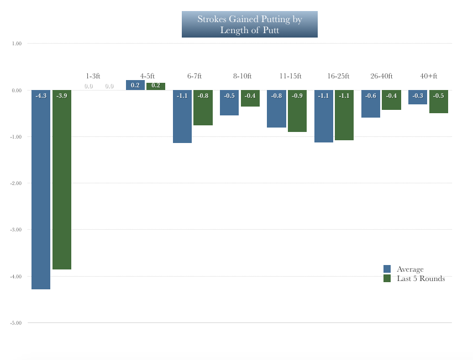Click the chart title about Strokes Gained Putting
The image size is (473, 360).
pyautogui.click(x=250, y=24)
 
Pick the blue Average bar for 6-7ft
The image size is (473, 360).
pyautogui.click(x=182, y=117)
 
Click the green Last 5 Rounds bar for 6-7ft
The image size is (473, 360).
pyautogui.click(x=203, y=108)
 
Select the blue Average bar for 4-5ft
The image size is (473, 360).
pyautogui.click(x=135, y=85)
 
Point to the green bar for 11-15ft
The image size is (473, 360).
pyautogui.click(x=297, y=111)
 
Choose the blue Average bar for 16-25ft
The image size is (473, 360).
pyautogui.click(x=324, y=116)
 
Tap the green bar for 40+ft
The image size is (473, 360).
pyautogui.click(x=438, y=102)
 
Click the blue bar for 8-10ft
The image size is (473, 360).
pyautogui.click(x=229, y=103)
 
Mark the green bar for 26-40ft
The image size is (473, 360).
pyautogui.click(x=391, y=100)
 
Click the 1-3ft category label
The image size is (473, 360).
pyautogui.click(x=93, y=76)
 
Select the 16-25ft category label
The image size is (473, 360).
pyautogui.click(x=338, y=76)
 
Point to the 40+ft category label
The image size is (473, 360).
pyautogui.click(x=429, y=76)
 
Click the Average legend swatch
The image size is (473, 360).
pyautogui.click(x=387, y=269)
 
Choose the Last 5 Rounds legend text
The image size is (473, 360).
pyautogui.click(x=421, y=279)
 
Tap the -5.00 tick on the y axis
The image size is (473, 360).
pyautogui.click(x=15, y=323)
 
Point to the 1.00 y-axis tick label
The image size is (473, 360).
pyautogui.click(x=17, y=44)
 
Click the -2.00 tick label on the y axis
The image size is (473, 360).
pyautogui.click(x=15, y=183)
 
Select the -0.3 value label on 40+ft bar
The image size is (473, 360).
pyautogui.click(x=418, y=96)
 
